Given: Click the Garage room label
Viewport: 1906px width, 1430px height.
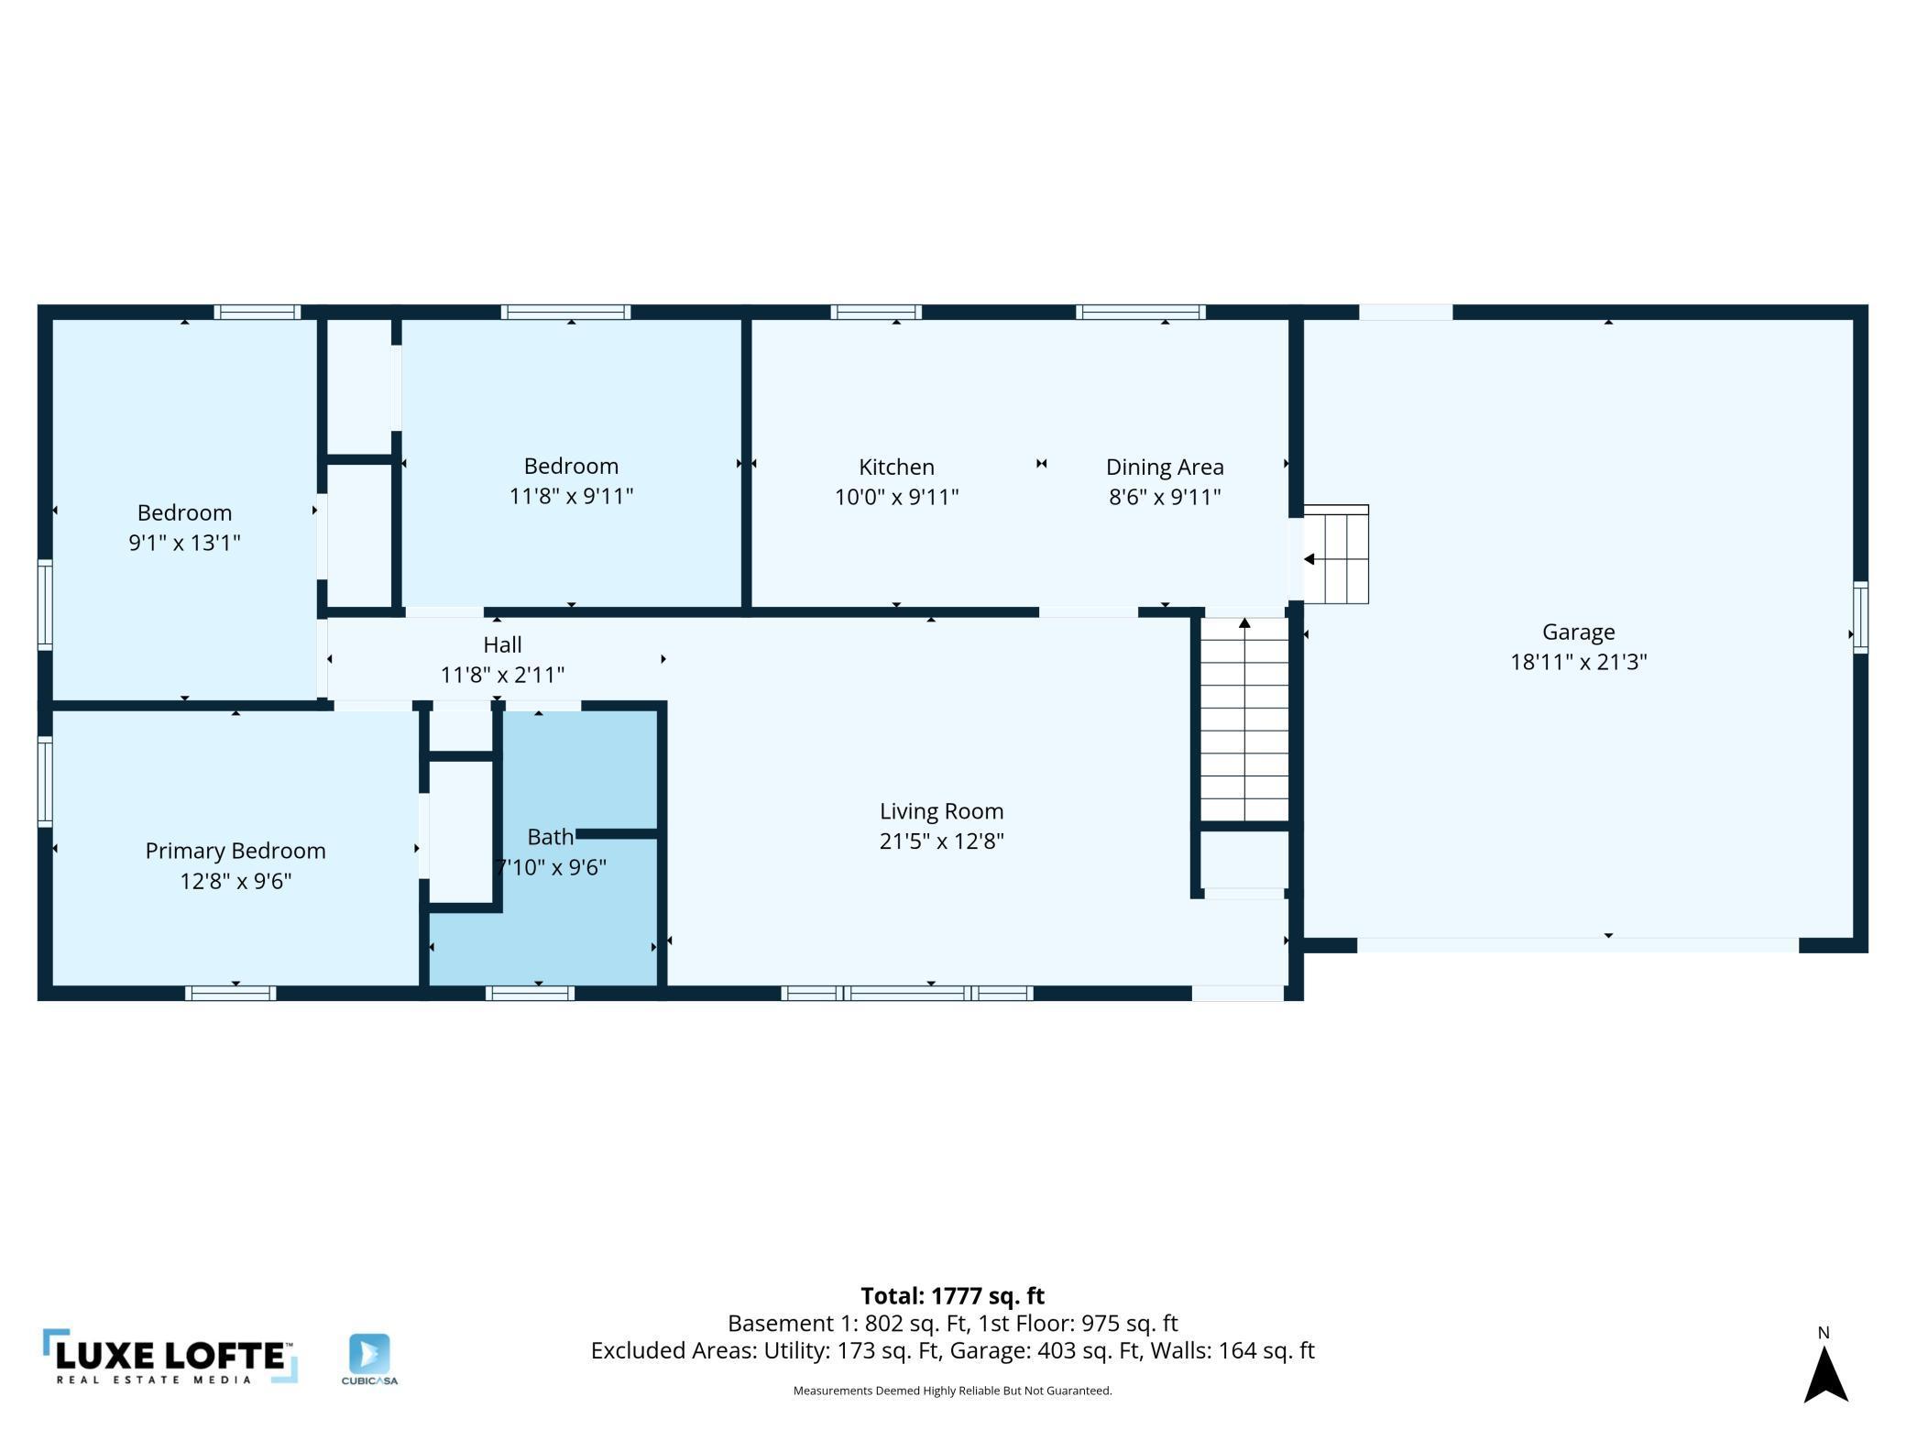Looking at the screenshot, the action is coord(1578,632).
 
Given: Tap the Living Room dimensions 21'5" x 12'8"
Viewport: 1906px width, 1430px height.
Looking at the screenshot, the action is coord(941,841).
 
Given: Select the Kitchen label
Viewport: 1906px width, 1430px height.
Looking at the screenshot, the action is coord(896,467).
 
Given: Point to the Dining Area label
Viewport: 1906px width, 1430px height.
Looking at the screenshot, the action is coord(1165,467).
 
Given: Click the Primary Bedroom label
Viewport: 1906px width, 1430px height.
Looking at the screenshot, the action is coord(236,851).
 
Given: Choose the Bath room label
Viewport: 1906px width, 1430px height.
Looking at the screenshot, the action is coord(550,837).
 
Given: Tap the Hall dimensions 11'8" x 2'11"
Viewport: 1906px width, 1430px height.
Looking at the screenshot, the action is coord(502,675).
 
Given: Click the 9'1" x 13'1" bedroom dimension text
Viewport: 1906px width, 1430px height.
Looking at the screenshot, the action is coord(184,543).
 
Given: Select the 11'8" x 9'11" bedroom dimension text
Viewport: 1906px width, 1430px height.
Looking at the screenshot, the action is coord(571,496).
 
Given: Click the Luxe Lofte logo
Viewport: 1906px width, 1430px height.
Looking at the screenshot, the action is coord(170,1356).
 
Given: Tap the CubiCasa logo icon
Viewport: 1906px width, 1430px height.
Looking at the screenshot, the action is coord(369,1354).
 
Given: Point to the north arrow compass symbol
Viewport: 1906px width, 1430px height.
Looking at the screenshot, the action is coord(1825,1372).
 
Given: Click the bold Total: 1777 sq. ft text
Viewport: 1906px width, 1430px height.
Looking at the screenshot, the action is coord(952,1295).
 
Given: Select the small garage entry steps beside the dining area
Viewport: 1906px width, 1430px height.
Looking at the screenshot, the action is coord(1336,555).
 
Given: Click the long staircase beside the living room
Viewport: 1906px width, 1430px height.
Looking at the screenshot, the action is coord(1244,720).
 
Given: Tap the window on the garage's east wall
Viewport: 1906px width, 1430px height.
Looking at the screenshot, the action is coord(1860,617).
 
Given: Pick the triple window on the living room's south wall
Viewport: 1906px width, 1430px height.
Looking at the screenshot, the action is coord(907,993).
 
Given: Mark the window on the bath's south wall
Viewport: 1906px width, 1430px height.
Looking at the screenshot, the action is coord(530,993).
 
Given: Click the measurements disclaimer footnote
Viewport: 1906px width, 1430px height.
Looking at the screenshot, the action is coord(952,1391).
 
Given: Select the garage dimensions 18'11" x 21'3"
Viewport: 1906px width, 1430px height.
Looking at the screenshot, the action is coord(1578,662).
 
